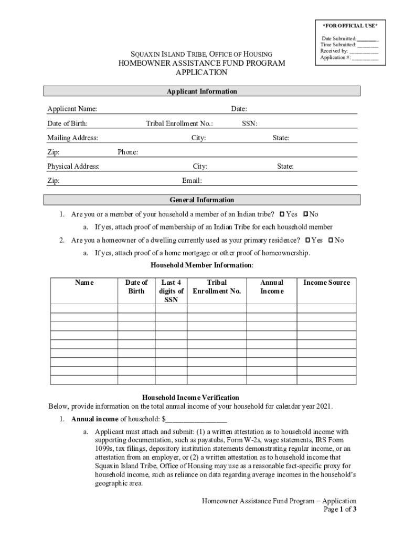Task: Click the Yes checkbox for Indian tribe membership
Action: coord(282,214)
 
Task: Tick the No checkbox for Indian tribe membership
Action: coord(306,214)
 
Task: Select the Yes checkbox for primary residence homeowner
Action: coord(307,240)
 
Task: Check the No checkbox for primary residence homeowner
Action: coord(331,240)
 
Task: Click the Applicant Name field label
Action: coord(72,109)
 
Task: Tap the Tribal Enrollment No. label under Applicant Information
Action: coord(179,123)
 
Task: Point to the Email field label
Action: coord(192,181)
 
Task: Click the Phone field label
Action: coord(128,152)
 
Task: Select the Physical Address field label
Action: coord(73,167)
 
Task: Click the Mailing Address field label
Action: coord(72,138)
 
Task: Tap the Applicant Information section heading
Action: coord(202,91)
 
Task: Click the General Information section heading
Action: coord(202,200)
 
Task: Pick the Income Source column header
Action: coord(326,283)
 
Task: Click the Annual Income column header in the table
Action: coord(272,287)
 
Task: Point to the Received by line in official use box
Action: coord(348,51)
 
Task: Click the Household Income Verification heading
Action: coord(191,398)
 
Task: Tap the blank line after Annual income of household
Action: coord(197,419)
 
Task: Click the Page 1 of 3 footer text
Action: coord(340,510)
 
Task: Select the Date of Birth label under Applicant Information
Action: coord(67,123)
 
